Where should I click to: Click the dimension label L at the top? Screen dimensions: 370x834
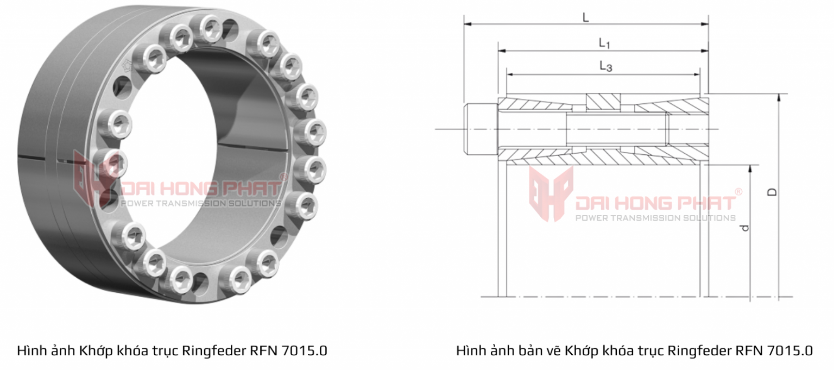click(585, 17)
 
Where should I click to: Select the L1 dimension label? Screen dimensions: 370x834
click(604, 42)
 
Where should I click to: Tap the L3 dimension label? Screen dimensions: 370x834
click(606, 66)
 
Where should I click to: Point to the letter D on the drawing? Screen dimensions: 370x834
click(773, 192)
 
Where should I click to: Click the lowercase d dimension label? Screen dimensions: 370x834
click(745, 227)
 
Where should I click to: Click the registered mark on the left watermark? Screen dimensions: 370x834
click(283, 177)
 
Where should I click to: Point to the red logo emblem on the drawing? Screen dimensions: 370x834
click(551, 193)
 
